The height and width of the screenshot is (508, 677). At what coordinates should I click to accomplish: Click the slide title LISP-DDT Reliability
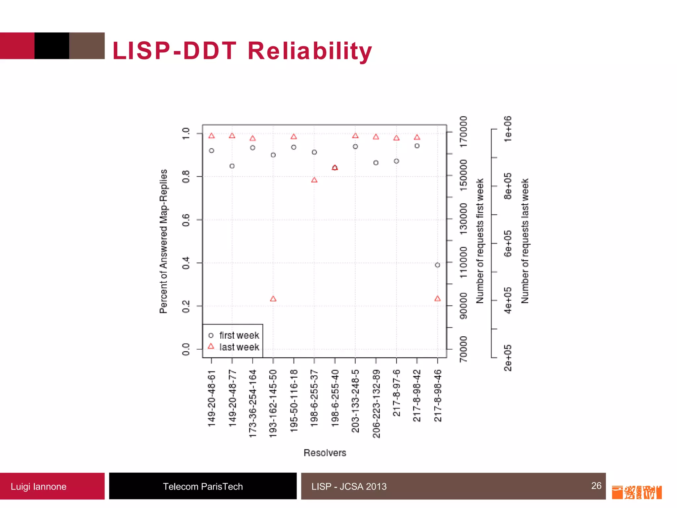(x=242, y=51)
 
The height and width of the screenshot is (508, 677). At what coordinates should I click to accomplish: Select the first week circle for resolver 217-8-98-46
(x=437, y=265)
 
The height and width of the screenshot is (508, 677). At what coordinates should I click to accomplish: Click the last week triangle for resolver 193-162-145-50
(x=273, y=299)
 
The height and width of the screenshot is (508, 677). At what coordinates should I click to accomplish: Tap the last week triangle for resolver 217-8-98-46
(x=437, y=299)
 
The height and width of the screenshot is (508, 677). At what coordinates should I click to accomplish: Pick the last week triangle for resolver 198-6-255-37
(x=314, y=180)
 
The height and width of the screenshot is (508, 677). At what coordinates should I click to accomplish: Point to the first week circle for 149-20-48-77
(x=232, y=166)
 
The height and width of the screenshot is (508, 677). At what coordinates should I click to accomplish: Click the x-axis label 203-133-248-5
(x=355, y=401)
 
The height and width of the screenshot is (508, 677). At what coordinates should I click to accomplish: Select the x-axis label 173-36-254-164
(x=253, y=403)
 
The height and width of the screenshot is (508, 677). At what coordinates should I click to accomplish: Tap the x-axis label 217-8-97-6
(x=396, y=393)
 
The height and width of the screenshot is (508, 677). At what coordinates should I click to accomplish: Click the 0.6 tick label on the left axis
(x=186, y=220)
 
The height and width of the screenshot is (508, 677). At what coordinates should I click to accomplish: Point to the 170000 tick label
(x=464, y=132)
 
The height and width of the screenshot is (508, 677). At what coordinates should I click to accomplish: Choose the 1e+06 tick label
(x=508, y=129)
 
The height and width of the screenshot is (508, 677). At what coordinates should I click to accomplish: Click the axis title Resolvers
(x=325, y=453)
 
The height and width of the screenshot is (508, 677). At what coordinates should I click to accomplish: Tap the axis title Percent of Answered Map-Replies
(x=164, y=241)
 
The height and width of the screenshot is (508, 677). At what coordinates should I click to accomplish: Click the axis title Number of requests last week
(x=525, y=241)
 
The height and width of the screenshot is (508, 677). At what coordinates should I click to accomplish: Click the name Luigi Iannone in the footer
(x=38, y=487)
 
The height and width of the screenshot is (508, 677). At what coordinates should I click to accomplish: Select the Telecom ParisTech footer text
(x=203, y=487)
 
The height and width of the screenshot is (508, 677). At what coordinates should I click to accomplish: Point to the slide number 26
(x=596, y=486)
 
